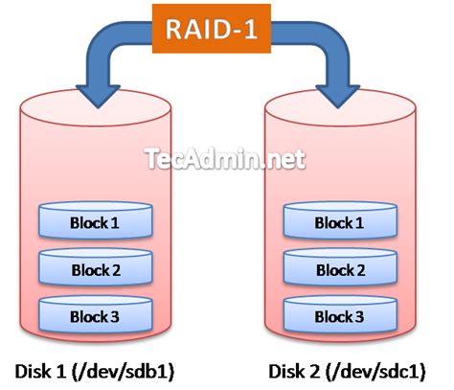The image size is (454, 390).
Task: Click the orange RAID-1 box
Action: [212, 29]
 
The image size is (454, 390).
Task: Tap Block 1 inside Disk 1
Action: [96, 220]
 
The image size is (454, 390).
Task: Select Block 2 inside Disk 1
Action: [96, 267]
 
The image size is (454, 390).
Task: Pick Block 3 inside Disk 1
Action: [96, 314]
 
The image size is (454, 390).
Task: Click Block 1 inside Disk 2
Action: [340, 220]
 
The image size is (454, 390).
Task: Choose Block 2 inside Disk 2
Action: [340, 267]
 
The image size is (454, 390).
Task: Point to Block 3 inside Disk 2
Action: [340, 314]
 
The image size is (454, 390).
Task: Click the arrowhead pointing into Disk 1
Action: [98, 96]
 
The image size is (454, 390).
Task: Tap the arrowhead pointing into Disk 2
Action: [338, 96]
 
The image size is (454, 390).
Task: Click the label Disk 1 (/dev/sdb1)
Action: [95, 372]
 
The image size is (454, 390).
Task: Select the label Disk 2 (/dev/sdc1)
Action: [347, 372]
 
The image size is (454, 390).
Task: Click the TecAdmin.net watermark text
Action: [225, 159]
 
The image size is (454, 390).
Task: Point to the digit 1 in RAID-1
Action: [251, 29]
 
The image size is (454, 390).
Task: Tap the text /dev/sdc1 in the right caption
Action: [375, 372]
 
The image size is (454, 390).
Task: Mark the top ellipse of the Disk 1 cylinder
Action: [96, 108]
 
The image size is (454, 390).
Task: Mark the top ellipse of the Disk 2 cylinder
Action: [340, 108]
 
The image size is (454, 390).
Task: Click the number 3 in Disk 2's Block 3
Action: [358, 317]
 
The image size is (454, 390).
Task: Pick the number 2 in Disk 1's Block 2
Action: [115, 270]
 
